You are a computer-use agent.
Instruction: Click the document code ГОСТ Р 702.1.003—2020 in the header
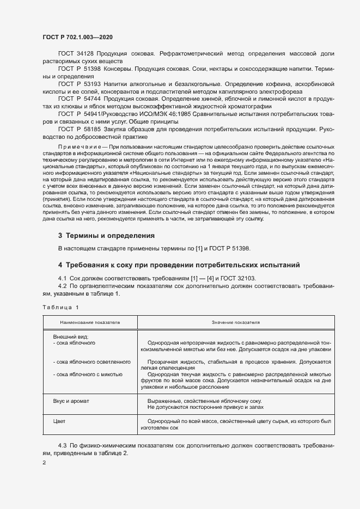pyautogui.click(x=78, y=37)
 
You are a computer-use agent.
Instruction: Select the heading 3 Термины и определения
pyautogui.click(x=106, y=236)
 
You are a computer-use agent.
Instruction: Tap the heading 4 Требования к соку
pyautogui.click(x=179, y=265)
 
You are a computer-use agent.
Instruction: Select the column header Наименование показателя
pyautogui.click(x=90, y=323)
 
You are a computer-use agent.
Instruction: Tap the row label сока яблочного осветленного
pyautogui.click(x=91, y=361)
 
